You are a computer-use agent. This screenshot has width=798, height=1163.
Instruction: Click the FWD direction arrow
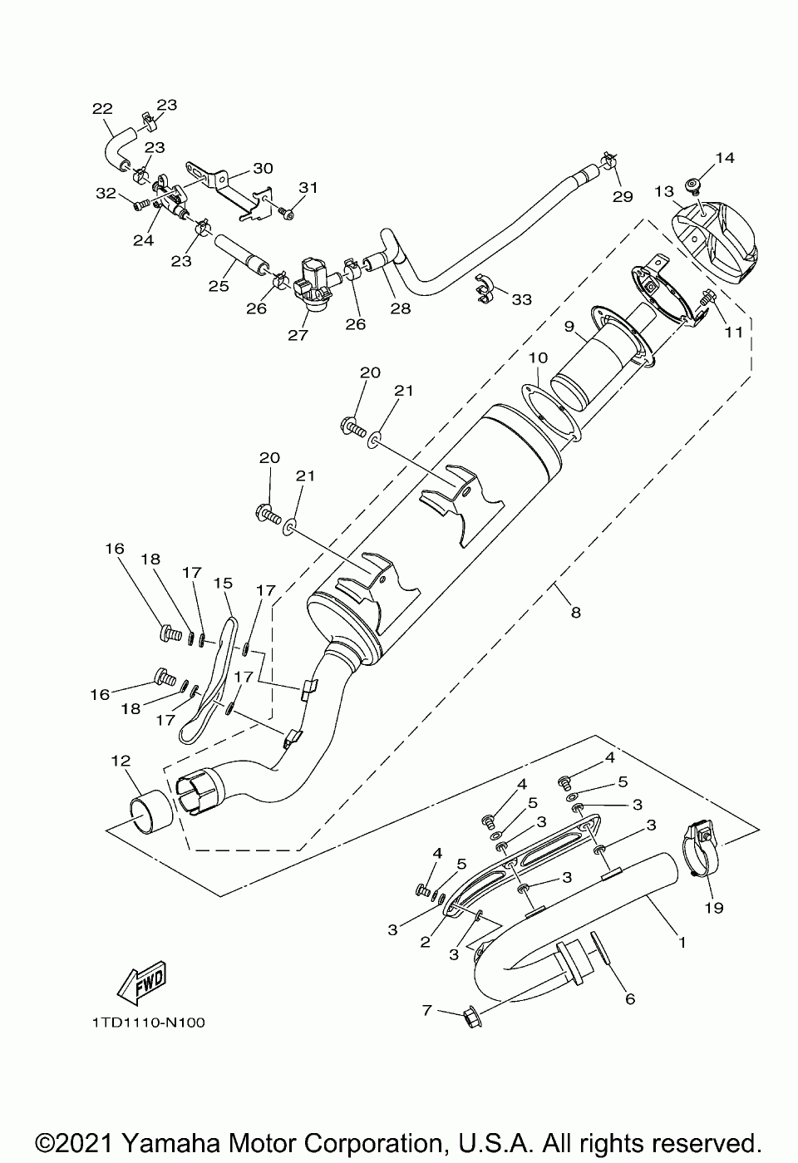(x=143, y=982)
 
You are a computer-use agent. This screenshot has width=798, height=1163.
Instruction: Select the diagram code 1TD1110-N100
(x=143, y=1023)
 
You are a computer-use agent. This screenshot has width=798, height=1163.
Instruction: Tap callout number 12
(x=121, y=761)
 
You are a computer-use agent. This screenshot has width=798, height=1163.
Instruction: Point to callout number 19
(x=714, y=907)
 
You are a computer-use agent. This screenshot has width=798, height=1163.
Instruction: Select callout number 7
(x=427, y=1009)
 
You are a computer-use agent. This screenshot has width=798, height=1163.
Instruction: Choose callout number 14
(x=725, y=157)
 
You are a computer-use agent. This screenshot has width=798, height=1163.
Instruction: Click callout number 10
(x=539, y=357)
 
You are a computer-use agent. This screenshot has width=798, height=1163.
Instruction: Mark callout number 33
(x=521, y=299)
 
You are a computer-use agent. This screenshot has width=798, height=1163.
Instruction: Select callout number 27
(x=298, y=335)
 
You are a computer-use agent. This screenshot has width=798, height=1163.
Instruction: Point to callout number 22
(x=102, y=108)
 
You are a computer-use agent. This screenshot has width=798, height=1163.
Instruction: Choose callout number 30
(x=263, y=168)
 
